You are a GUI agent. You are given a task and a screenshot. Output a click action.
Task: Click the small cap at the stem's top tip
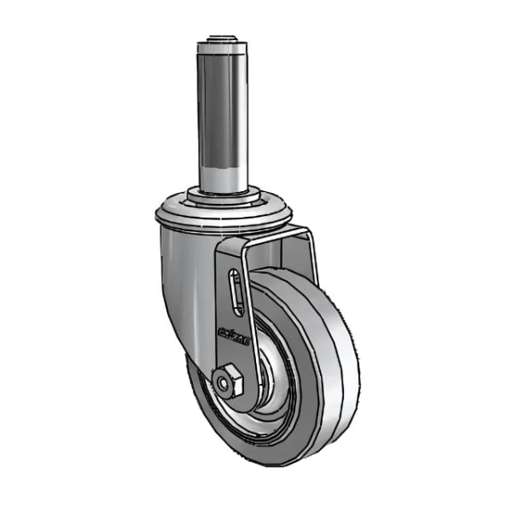pyautogui.click(x=225, y=38)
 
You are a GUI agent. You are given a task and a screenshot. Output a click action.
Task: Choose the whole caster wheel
pyautogui.click(x=273, y=367)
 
